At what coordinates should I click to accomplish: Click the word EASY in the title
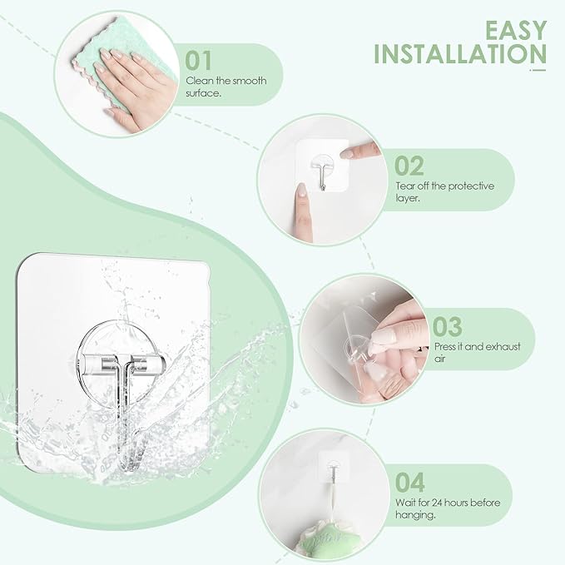(x=516, y=30)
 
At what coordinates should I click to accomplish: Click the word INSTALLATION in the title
(x=460, y=54)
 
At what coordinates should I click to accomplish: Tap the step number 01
(x=198, y=60)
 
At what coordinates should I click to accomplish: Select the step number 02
(x=409, y=166)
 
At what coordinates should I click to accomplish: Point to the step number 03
(x=447, y=326)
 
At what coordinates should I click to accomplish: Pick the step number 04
(x=409, y=482)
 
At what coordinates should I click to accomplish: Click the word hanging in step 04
(x=414, y=515)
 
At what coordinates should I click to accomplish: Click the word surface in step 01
(x=203, y=93)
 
